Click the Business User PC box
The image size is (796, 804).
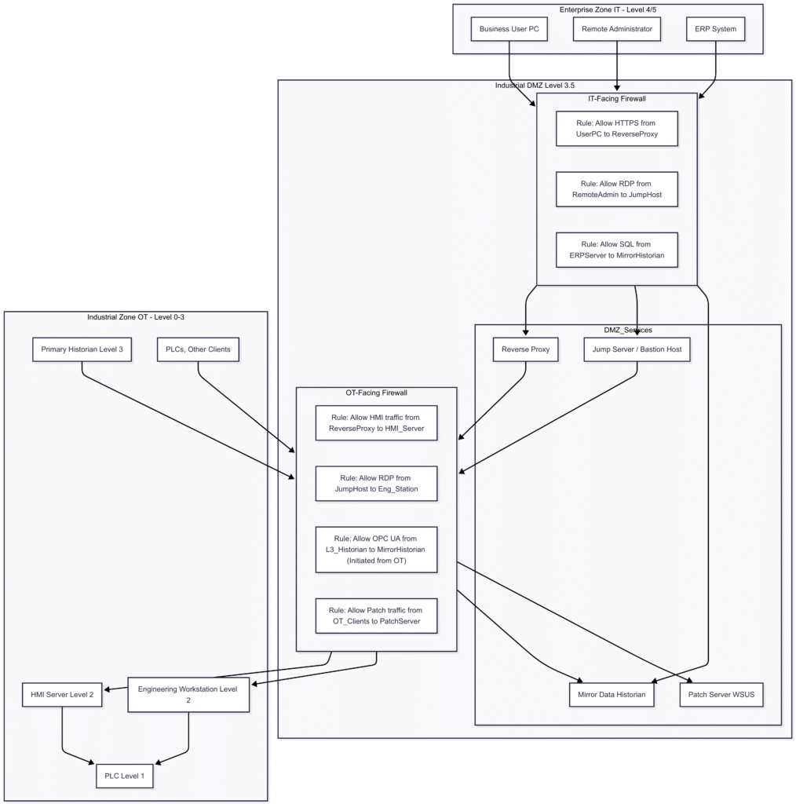[509, 30]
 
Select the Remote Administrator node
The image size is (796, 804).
[617, 30]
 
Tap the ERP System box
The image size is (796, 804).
[715, 30]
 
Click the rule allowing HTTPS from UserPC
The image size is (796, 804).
[616, 128]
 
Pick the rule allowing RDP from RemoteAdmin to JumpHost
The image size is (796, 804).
[616, 189]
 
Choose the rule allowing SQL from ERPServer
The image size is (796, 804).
[616, 250]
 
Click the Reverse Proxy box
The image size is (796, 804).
[525, 349]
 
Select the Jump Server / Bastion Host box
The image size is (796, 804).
[637, 349]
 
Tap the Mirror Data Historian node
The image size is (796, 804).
[612, 695]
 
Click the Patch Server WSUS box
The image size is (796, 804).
[721, 695]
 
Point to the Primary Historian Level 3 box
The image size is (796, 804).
[82, 349]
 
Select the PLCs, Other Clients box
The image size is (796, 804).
[198, 349]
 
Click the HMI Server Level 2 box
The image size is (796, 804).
[62, 695]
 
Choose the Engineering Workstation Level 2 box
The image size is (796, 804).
[188, 695]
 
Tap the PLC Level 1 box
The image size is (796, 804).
[125, 777]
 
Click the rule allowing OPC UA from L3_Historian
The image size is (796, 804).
[376, 550]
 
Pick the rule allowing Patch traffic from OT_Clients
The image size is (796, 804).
[376, 616]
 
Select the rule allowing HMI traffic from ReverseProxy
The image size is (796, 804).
[376, 424]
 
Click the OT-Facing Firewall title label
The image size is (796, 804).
[376, 393]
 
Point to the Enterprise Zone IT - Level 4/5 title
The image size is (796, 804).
[608, 9]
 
